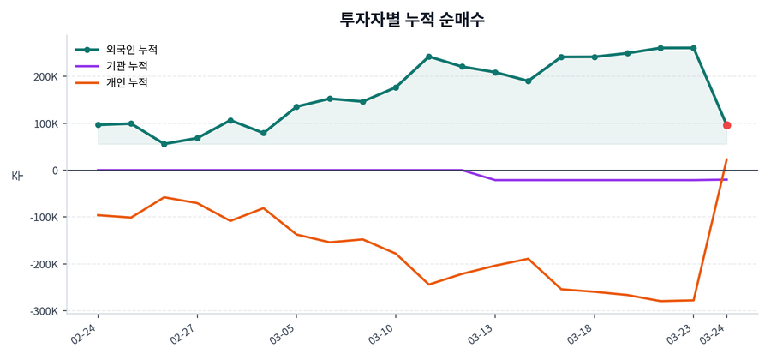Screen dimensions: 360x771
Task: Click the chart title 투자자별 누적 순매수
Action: pyautogui.click(x=412, y=19)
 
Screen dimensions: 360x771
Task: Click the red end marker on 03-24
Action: pyautogui.click(x=726, y=125)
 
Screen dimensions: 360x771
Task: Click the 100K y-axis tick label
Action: pyautogui.click(x=46, y=124)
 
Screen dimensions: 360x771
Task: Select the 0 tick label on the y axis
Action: pyautogui.click(x=55, y=171)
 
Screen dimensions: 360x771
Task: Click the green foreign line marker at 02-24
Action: pyautogui.click(x=98, y=125)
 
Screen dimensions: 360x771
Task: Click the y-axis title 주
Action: pyautogui.click(x=16, y=175)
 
